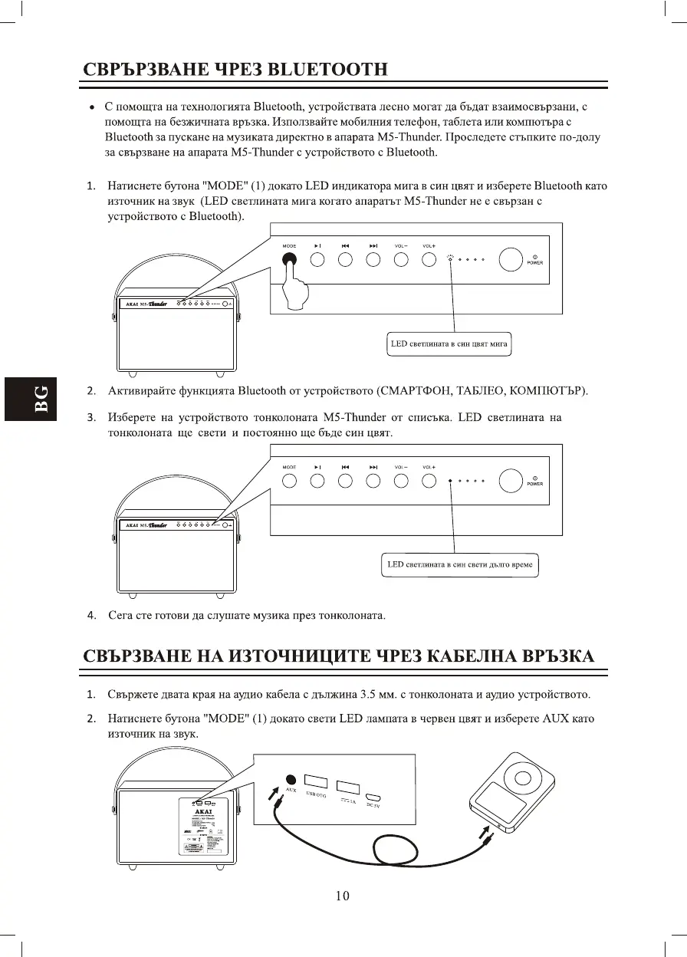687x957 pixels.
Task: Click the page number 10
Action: click(343, 896)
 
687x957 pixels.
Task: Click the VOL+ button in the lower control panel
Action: click(429, 481)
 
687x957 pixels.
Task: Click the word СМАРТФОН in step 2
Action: click(415, 392)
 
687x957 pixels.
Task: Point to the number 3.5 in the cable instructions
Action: click(369, 696)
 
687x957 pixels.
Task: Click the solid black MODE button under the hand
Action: click(289, 259)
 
